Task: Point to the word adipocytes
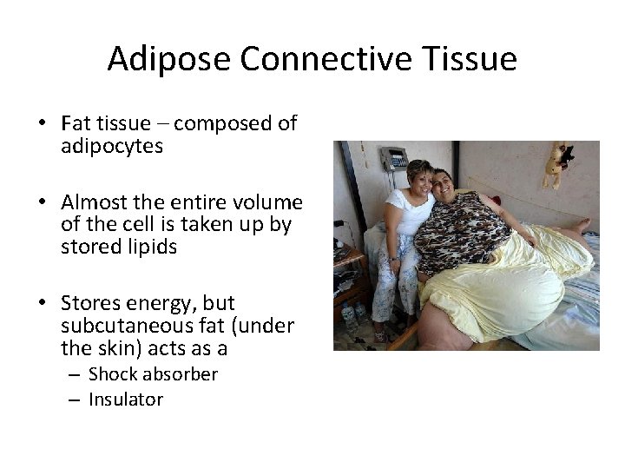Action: [x=112, y=146]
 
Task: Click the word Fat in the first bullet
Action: [x=76, y=123]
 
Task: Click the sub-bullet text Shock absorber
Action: [x=153, y=374]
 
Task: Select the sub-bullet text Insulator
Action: [x=126, y=400]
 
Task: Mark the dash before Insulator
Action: [x=74, y=400]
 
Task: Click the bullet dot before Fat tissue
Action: [x=42, y=123]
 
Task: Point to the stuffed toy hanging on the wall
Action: [x=558, y=163]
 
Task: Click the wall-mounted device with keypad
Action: [x=394, y=160]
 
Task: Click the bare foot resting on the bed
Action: [x=577, y=228]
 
